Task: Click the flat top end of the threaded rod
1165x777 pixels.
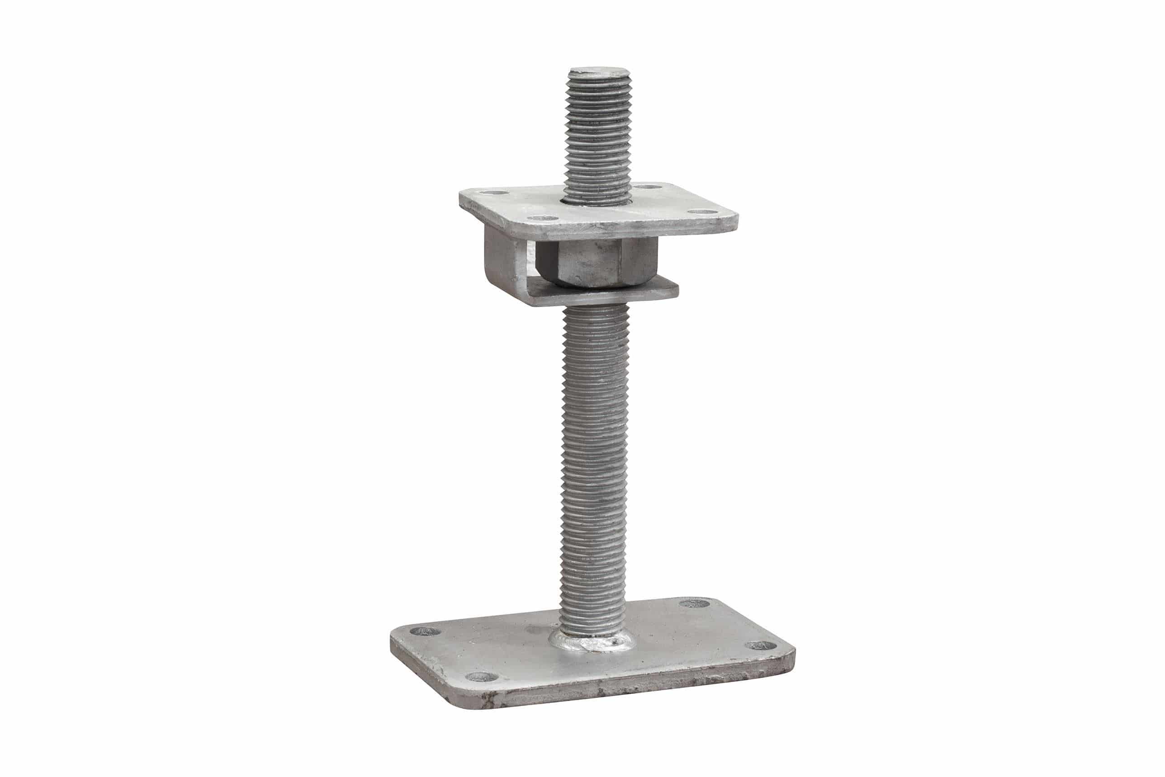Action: pos(599,72)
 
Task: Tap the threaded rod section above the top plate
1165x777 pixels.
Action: pos(599,139)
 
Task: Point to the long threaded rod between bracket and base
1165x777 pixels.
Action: pos(593,446)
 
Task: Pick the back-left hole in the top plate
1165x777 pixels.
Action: pos(494,192)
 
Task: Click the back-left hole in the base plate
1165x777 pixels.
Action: pos(426,631)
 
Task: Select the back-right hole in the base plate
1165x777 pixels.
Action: pos(693,603)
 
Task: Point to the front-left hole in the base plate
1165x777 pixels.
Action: pos(480,676)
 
